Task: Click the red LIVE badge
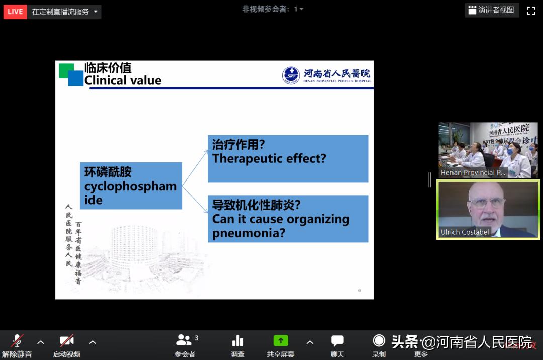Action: [x=15, y=12]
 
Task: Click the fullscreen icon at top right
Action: [x=531, y=11]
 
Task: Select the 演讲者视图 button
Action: [x=491, y=10]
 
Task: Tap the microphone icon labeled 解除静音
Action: [x=17, y=341]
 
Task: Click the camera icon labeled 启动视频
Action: [x=66, y=341]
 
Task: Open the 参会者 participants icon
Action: [x=184, y=341]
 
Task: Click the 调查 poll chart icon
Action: [x=238, y=341]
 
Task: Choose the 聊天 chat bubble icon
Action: [x=337, y=341]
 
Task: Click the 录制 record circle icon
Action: [x=379, y=341]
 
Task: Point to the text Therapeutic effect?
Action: [x=269, y=159]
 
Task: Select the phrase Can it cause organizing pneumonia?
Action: [x=281, y=226]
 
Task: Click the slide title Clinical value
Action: [x=123, y=80]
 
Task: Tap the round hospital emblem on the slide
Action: [x=291, y=75]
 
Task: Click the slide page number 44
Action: [x=360, y=291]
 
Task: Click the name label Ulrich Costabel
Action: [x=465, y=232]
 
